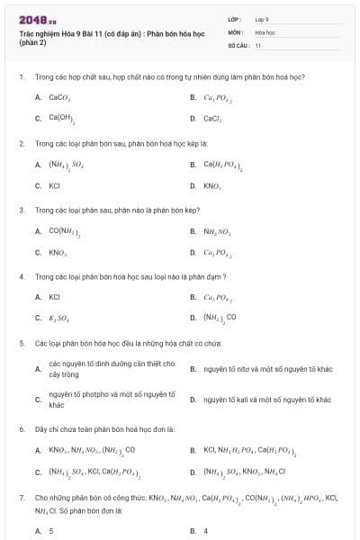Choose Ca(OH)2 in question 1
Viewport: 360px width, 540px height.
click(62, 118)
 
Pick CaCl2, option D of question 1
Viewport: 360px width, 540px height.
click(212, 118)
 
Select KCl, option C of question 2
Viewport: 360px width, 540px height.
click(54, 185)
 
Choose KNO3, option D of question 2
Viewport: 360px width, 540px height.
click(212, 185)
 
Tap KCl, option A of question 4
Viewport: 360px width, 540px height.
click(54, 296)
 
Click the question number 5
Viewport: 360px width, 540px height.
click(21, 343)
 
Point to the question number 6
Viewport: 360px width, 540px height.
click(21, 428)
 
